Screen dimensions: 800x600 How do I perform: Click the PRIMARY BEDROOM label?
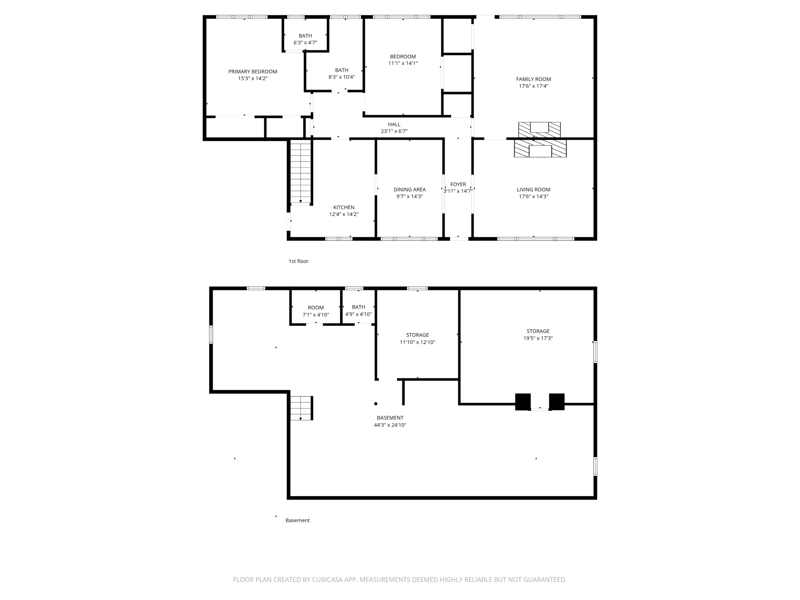[253, 72]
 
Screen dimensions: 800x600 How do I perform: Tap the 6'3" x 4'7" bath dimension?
[305, 43]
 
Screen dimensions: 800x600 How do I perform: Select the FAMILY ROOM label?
[533, 79]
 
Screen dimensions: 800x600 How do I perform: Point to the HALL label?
[394, 124]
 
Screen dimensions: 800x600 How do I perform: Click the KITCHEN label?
[344, 207]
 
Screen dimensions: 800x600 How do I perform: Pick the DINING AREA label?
[410, 189]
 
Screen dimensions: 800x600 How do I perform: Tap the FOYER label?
[458, 184]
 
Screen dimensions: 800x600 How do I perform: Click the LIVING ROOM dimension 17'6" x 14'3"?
[533, 197]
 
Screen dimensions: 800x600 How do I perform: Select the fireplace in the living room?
[540, 148]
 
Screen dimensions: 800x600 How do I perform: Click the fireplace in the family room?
[540, 130]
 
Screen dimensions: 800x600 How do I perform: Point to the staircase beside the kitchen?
[300, 172]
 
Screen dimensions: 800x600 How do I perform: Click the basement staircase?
[301, 408]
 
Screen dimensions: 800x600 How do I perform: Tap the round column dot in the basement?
[376, 404]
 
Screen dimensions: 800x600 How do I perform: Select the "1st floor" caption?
[298, 261]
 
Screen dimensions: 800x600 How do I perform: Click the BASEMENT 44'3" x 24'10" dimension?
[390, 425]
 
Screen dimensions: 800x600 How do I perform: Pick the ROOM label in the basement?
[316, 308]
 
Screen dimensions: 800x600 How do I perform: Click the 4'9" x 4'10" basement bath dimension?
[358, 314]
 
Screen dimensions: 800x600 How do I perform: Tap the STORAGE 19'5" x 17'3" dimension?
[538, 338]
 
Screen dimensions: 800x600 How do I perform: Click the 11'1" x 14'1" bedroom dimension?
[403, 63]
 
